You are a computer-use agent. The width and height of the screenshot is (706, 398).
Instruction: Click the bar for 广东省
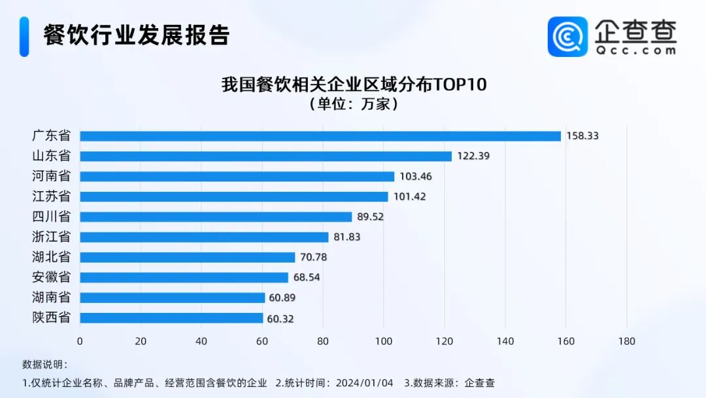[x=320, y=136]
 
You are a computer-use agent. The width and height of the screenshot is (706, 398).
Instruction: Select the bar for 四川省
[x=216, y=217]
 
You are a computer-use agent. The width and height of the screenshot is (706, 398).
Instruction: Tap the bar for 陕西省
[x=171, y=318]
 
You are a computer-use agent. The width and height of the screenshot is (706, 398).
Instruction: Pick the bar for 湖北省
[x=188, y=257]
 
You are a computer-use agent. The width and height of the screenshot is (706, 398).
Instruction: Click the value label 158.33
[x=582, y=136]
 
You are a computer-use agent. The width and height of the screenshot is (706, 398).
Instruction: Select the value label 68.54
[x=307, y=278]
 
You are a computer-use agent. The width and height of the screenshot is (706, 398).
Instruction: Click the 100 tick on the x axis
[x=384, y=341]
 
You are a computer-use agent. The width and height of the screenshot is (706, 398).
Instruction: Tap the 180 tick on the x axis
[x=626, y=341]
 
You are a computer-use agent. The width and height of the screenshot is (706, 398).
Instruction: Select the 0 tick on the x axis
[x=80, y=341]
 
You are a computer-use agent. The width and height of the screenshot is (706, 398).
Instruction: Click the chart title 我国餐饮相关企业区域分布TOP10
[x=354, y=85]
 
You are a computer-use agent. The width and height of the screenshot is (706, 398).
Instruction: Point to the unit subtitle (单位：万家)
[x=354, y=104]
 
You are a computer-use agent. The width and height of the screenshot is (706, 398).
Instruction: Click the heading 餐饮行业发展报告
[x=137, y=35]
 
